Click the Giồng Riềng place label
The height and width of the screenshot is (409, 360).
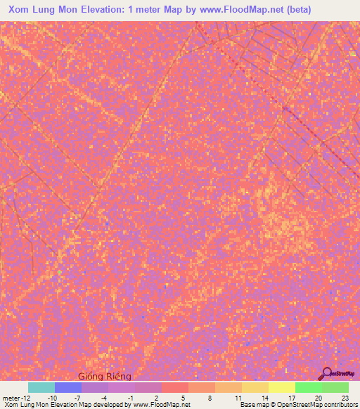(104, 376)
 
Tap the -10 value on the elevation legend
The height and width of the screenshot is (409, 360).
(52, 397)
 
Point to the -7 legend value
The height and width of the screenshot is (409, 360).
(79, 397)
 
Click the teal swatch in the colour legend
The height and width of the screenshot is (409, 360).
(41, 387)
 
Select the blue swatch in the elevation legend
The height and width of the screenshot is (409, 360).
(68, 387)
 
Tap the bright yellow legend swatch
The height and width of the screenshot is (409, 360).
(282, 387)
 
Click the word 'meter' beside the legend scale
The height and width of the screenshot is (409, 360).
(13, 397)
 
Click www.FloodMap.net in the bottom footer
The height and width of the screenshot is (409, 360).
(160, 405)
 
